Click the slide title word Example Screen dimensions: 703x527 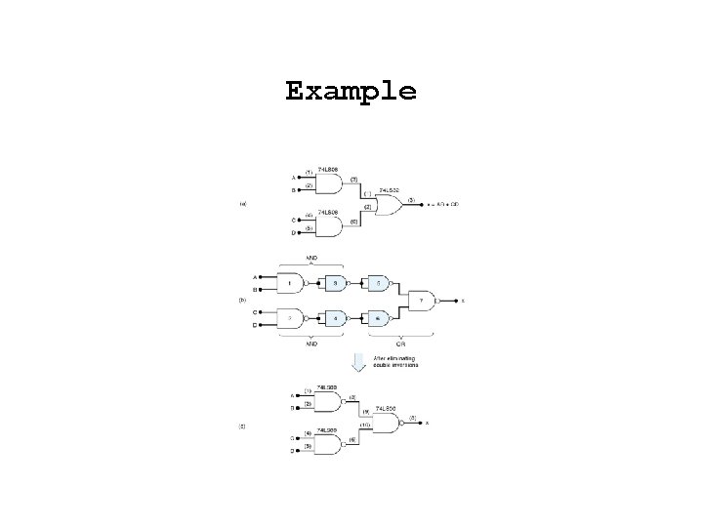tap(351, 92)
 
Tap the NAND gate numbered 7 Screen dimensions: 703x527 tap(422, 301)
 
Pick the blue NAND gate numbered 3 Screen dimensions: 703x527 tap(335, 284)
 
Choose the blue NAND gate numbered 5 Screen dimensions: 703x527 tap(378, 284)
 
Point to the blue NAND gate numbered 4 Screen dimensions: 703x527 tap(335, 317)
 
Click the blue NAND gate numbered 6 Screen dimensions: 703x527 tap(378, 317)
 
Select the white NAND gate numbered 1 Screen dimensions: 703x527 tap(290, 284)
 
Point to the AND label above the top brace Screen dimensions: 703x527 tap(312, 259)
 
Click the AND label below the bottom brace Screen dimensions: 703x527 tap(311, 345)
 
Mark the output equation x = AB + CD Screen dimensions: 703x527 tap(442, 205)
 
